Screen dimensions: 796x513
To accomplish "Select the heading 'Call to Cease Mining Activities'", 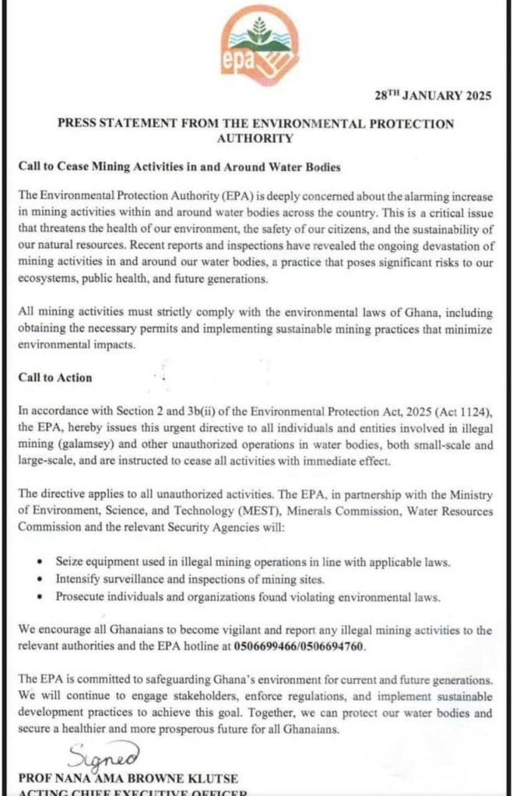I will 180,166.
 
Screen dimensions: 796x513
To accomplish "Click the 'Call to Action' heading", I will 55,378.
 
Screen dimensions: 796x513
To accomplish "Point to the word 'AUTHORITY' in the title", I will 255,138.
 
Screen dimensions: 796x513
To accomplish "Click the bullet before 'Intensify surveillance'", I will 40,579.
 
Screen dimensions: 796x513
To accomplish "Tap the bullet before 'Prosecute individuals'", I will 40,597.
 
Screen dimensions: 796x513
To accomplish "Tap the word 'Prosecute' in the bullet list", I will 80,597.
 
